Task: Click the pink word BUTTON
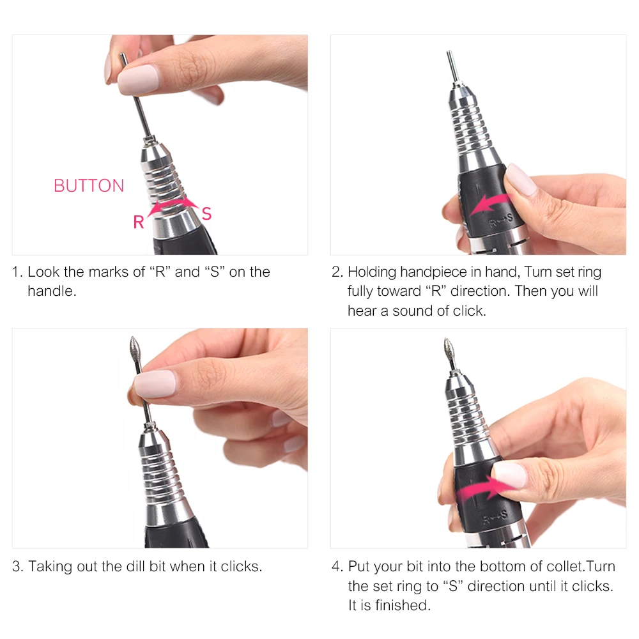tap(89, 186)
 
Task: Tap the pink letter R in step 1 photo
tap(138, 222)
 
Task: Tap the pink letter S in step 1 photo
tap(206, 213)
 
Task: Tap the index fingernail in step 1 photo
tap(137, 79)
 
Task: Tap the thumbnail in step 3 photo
tap(155, 384)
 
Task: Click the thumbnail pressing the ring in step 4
tap(509, 475)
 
